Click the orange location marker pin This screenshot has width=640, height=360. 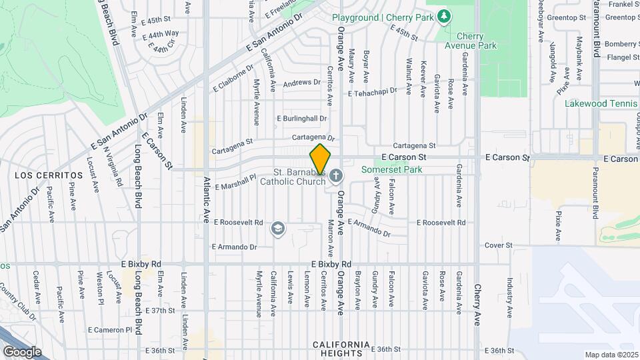pyautogui.click(x=321, y=160)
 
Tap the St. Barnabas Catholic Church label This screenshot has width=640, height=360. pyautogui.click(x=293, y=176)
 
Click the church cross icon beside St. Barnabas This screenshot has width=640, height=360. pyautogui.click(x=336, y=176)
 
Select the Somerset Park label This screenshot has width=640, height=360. pyautogui.click(x=391, y=170)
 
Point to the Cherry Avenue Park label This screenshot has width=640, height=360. pyautogui.click(x=477, y=41)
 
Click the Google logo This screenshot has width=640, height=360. pyautogui.click(x=22, y=352)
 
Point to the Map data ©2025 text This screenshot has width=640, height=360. pyautogui.click(x=611, y=355)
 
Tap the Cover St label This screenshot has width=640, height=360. pyautogui.click(x=498, y=245)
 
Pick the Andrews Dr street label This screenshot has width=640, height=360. pyautogui.click(x=301, y=83)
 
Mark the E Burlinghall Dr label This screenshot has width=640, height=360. pyautogui.click(x=302, y=119)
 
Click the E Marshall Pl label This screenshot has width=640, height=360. pyautogui.click(x=235, y=183)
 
